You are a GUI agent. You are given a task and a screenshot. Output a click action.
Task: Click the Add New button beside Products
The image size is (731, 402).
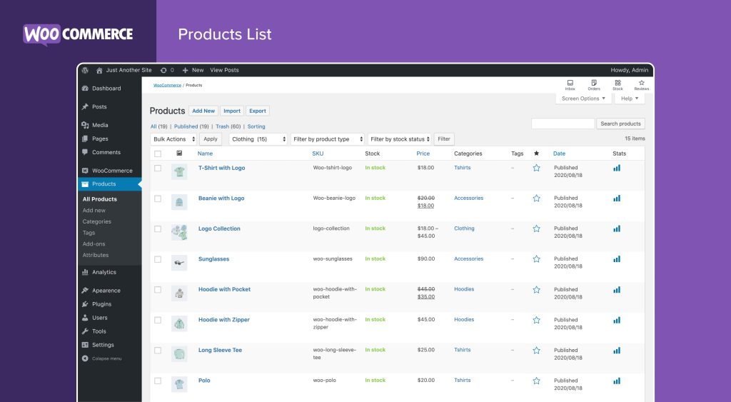click(203, 111)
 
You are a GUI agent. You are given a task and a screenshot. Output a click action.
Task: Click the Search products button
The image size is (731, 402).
click(620, 124)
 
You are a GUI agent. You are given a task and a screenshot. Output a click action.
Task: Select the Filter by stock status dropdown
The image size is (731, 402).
click(399, 139)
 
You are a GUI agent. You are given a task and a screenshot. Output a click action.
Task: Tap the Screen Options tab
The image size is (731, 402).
click(583, 99)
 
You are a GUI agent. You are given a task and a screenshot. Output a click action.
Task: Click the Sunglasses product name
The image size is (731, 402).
click(213, 259)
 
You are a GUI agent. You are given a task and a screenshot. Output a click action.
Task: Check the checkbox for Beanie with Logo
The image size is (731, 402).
click(158, 199)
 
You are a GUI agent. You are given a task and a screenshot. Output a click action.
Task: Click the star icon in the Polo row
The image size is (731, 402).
click(536, 381)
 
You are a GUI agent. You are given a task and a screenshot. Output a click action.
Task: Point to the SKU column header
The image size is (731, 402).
click(318, 154)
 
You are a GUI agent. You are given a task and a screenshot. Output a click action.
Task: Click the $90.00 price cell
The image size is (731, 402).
click(426, 259)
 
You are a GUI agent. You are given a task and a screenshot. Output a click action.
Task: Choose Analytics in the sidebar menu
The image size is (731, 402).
click(104, 272)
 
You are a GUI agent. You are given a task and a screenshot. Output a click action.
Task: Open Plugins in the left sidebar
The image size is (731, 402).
click(101, 304)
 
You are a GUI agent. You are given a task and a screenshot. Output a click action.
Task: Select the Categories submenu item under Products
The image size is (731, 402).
click(96, 221)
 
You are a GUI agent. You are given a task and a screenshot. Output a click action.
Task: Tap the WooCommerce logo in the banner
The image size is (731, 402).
click(78, 34)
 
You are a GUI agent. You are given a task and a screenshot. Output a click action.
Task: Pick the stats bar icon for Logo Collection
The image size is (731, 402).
click(617, 228)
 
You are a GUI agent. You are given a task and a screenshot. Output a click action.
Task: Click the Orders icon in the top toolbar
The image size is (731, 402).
click(594, 84)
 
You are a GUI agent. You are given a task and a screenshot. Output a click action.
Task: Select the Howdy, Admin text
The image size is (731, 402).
click(629, 70)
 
